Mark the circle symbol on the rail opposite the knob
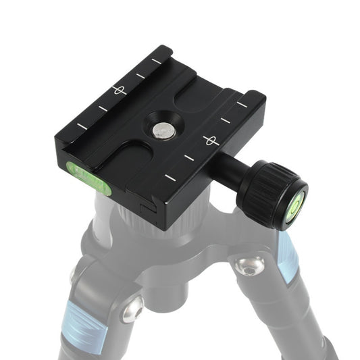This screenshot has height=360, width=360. (119, 89)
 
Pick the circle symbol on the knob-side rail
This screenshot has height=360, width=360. (209, 140)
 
